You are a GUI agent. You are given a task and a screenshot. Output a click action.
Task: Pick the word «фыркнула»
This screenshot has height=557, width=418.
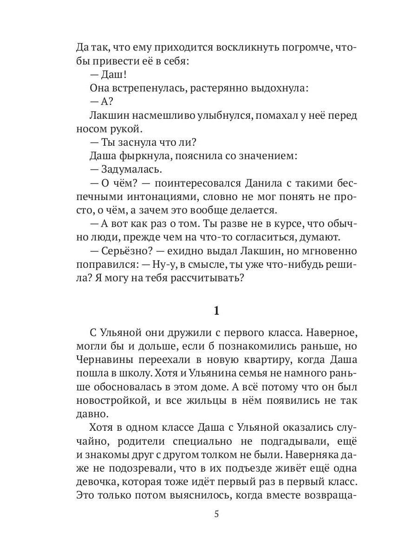[x=139, y=156]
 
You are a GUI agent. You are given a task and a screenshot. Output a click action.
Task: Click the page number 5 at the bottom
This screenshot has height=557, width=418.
[x=216, y=515]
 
